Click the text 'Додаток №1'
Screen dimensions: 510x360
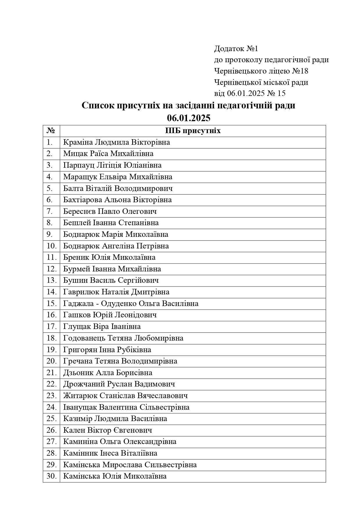click(236, 49)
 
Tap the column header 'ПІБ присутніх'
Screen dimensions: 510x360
click(193, 131)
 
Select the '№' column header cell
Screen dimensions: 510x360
click(51, 131)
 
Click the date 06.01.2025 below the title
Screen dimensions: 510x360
click(188, 118)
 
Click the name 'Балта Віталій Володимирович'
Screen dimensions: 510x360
click(118, 188)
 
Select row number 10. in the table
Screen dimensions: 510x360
click(51, 246)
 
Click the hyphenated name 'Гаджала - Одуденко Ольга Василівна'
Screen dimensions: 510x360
click(131, 303)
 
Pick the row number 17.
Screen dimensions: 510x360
click(51, 326)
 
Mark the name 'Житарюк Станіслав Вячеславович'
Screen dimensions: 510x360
click(125, 396)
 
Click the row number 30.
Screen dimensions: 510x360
click(51, 476)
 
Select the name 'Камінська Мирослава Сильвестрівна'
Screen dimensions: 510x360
click(130, 465)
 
